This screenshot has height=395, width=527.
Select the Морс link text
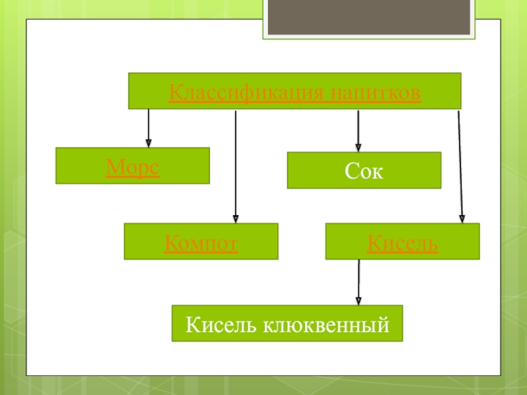click(x=132, y=167)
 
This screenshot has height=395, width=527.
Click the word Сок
click(x=364, y=172)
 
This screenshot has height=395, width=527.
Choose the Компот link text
click(x=201, y=244)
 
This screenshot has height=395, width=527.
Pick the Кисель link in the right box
click(x=402, y=244)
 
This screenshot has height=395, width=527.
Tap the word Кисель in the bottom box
click(x=221, y=325)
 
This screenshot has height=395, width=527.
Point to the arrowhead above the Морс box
click(x=148, y=142)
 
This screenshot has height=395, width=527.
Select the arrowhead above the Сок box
click(x=358, y=147)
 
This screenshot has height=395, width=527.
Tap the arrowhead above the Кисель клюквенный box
click(x=358, y=300)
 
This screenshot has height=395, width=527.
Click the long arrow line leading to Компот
click(x=236, y=165)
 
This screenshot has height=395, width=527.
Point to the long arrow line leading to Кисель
click(x=459, y=165)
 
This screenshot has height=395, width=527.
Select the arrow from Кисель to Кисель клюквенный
click(x=358, y=280)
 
